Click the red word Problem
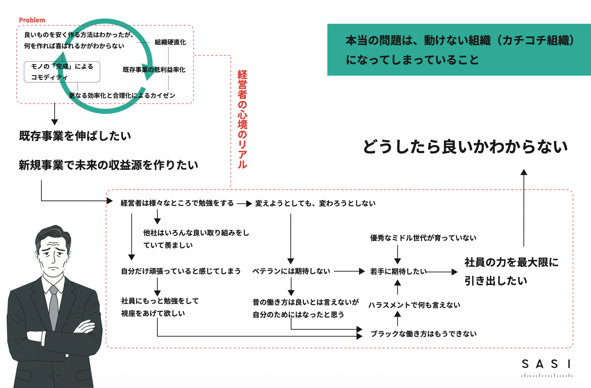click(32, 20)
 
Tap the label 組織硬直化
click(170, 42)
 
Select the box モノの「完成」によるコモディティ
click(62, 72)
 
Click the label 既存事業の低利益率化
click(154, 70)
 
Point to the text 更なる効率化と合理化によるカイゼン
click(122, 95)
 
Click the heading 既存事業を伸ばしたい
click(75, 136)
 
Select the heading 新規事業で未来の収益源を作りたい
click(108, 165)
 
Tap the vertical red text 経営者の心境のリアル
click(242, 119)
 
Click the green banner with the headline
click(459, 50)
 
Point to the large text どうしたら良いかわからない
click(465, 147)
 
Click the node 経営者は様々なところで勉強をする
click(177, 203)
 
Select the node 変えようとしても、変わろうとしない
click(315, 203)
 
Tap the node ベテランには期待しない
click(291, 271)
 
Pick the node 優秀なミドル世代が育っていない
click(423, 238)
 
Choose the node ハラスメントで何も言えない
click(414, 305)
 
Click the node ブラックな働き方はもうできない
click(424, 334)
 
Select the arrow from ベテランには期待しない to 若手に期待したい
click(349, 272)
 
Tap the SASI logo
click(547, 367)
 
